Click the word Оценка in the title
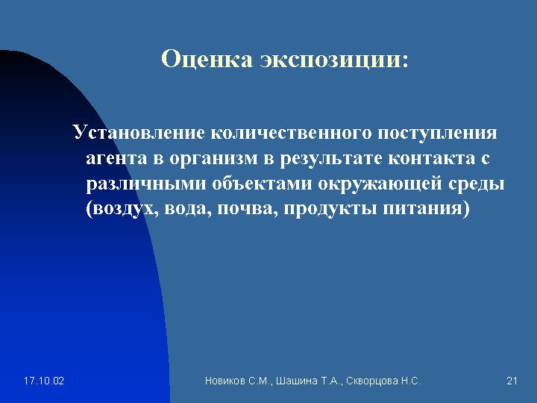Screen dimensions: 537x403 tap(207, 59)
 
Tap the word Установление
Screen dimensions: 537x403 tap(139, 132)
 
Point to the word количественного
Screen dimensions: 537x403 tap(291, 132)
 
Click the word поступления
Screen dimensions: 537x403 tap(437, 133)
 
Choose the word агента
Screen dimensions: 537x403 tap(116, 159)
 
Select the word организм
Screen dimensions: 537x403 tap(213, 159)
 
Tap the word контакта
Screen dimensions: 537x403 tap(432, 158)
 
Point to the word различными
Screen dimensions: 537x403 tap(146, 184)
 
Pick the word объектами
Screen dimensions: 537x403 tap(262, 183)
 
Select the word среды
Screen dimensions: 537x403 tap(477, 184)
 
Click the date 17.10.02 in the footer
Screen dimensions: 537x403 tap(44, 381)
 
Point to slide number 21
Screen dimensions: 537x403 tap(512, 381)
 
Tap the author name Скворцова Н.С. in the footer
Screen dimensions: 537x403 tap(383, 381)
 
